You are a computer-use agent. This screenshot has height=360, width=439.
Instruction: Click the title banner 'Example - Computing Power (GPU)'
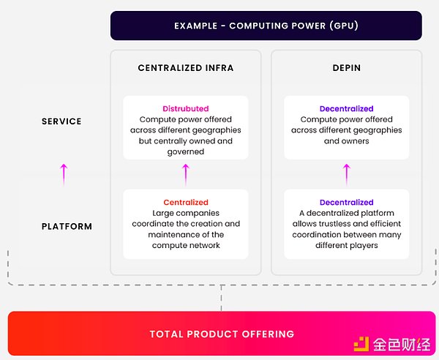[266, 26]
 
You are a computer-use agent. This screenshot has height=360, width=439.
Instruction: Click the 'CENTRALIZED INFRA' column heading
[186, 68]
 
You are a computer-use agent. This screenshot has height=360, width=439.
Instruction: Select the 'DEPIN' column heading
[346, 68]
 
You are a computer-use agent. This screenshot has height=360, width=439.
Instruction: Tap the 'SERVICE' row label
[61, 121]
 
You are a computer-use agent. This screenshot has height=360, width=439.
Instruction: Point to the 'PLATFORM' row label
[67, 226]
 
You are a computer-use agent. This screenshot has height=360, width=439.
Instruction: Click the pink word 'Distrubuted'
[185, 109]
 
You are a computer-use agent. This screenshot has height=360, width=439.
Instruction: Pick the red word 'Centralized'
[186, 203]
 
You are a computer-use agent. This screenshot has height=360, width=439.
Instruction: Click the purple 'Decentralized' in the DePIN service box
[346, 109]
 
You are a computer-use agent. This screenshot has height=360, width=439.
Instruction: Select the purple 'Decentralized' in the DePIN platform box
[346, 203]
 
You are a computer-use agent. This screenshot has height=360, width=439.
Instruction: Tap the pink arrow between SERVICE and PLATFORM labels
[64, 174]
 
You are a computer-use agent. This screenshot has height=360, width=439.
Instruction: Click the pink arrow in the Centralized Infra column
[186, 174]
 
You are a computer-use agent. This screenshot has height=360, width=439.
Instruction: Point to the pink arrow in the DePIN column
[346, 174]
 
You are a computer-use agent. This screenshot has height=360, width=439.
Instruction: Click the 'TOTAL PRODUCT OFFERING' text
[222, 334]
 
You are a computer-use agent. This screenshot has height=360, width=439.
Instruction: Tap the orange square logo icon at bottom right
[361, 342]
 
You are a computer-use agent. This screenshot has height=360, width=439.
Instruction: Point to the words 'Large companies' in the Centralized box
[186, 214]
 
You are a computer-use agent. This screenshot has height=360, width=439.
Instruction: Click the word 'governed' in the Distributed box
[186, 151]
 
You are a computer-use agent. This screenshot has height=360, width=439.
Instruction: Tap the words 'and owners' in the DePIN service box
[346, 141]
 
